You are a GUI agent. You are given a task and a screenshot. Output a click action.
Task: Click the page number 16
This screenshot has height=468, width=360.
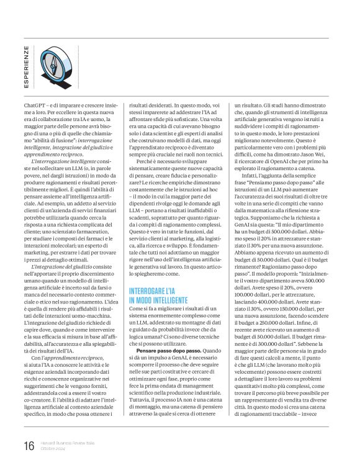click(x=29, y=445)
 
